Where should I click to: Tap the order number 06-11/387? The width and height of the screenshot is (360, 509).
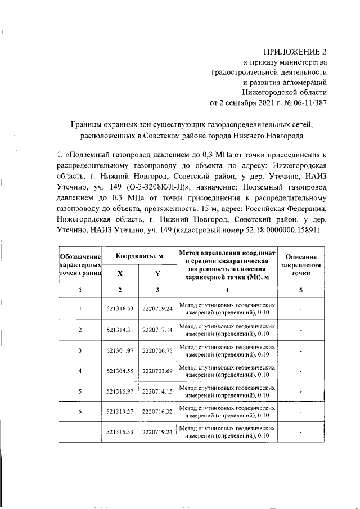[x=303, y=103]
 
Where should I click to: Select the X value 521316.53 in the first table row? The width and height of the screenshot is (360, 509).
[x=119, y=308]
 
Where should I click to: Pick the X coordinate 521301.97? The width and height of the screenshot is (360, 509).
[x=119, y=350]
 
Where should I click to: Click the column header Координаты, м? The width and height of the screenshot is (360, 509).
[x=139, y=256]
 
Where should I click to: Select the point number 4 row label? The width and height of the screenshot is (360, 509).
[x=80, y=371]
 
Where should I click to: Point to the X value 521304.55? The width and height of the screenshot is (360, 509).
[x=119, y=371]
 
